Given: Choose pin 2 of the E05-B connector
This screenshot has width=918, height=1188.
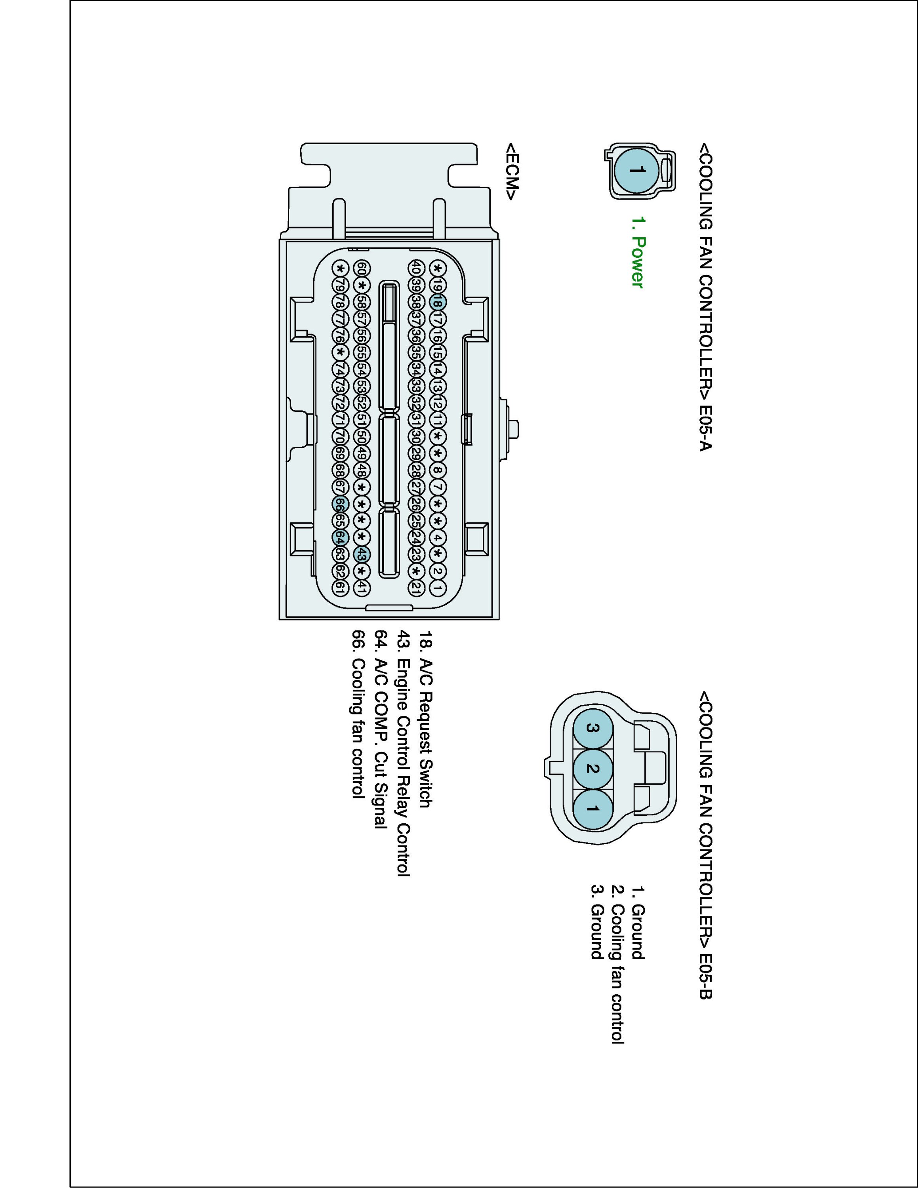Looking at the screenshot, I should [593, 769].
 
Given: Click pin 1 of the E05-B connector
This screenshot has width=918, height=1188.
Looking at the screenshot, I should [593, 809].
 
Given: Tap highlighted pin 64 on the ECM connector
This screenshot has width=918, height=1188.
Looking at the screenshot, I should [340, 537].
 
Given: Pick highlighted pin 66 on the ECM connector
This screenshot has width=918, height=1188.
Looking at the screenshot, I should [340, 504].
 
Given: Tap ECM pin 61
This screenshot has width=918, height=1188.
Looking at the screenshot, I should [340, 588].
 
